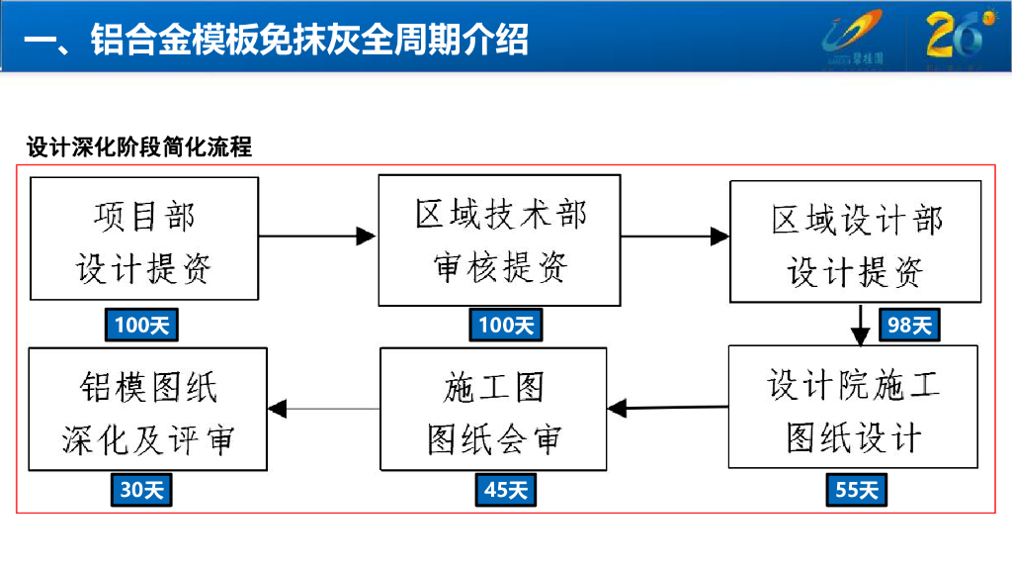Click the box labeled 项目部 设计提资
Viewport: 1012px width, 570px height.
pos(144,238)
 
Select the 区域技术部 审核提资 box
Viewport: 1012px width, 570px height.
pos(499,239)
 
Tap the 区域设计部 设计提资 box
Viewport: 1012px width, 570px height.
pos(855,241)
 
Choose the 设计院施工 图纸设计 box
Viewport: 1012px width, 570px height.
pos(854,407)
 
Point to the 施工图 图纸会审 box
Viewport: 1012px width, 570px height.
pos(493,409)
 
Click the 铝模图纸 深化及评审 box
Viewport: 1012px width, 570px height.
pos(147,409)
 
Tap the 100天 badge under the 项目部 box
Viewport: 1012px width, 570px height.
pos(141,325)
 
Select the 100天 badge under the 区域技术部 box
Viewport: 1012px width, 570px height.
pos(506,325)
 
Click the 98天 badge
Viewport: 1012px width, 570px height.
pos(909,325)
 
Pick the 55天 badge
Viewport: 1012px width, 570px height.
pos(856,489)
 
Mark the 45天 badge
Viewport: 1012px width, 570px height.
pos(506,489)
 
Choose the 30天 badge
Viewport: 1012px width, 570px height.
pos(141,489)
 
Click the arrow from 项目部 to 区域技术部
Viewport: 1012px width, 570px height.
pos(317,237)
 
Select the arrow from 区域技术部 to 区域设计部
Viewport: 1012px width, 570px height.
pos(675,237)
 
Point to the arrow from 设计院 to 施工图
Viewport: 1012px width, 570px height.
pos(668,407)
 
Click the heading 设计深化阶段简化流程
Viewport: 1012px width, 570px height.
pos(139,147)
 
